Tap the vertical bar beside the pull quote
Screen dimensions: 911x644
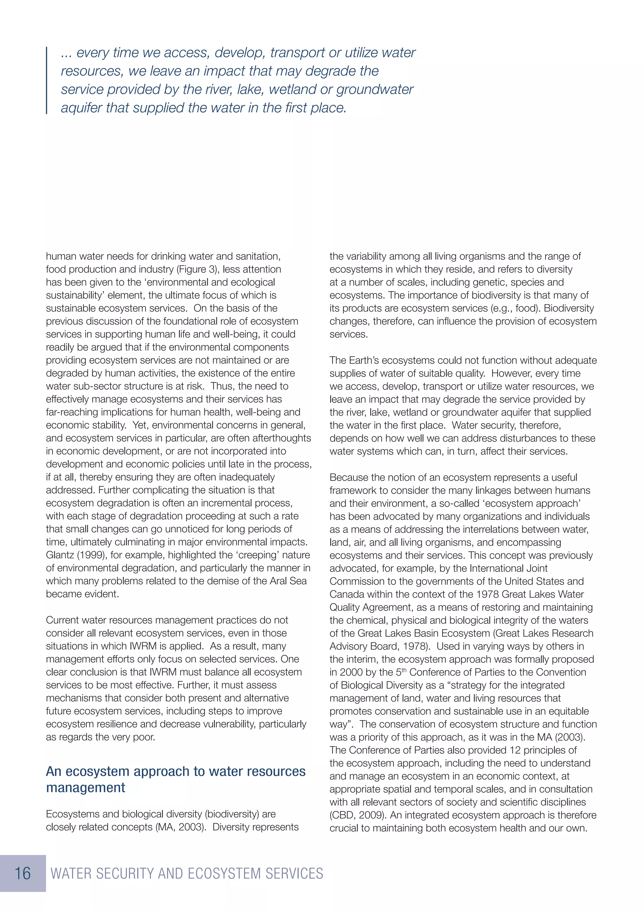click(47, 81)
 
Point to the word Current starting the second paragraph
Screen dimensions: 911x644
click(63, 620)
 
